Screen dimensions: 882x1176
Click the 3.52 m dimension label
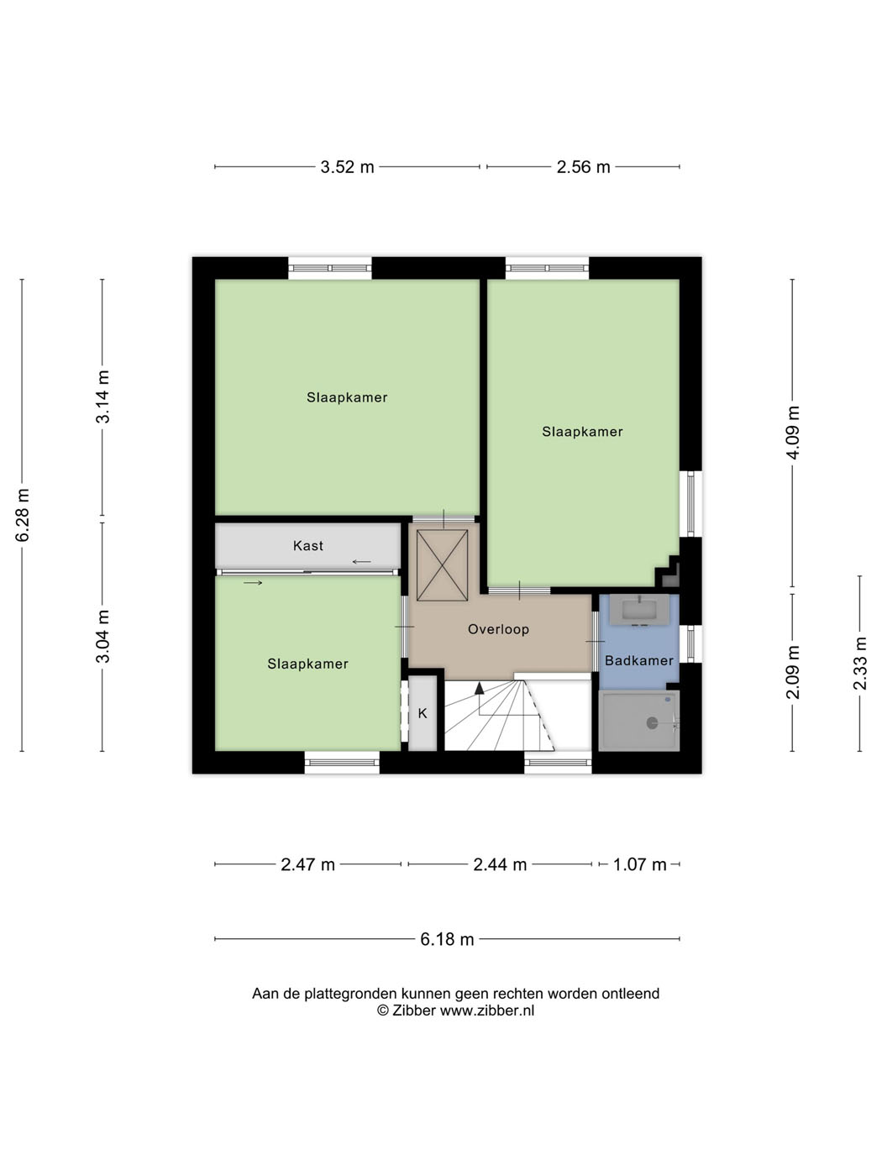point(347,167)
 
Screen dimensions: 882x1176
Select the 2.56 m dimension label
point(583,167)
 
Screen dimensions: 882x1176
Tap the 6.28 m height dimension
point(23,515)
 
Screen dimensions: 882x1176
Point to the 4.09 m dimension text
point(793,433)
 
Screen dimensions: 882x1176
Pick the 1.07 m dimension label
point(639,864)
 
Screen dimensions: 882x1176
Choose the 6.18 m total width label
point(447,939)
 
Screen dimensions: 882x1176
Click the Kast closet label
point(308,545)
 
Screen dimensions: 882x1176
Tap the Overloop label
point(499,629)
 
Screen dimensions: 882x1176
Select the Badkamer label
point(639,660)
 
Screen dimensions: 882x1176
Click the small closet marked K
point(423,714)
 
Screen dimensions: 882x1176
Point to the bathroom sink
point(640,609)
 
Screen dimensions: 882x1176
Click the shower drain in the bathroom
point(652,722)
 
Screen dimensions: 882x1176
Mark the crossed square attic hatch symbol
point(443,565)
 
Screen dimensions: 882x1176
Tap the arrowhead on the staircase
point(480,688)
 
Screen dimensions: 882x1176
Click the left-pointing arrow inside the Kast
point(361,561)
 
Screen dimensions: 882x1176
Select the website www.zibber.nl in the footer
point(487,1011)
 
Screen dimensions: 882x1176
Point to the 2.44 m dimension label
point(500,864)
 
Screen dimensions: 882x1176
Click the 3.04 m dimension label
point(102,636)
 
